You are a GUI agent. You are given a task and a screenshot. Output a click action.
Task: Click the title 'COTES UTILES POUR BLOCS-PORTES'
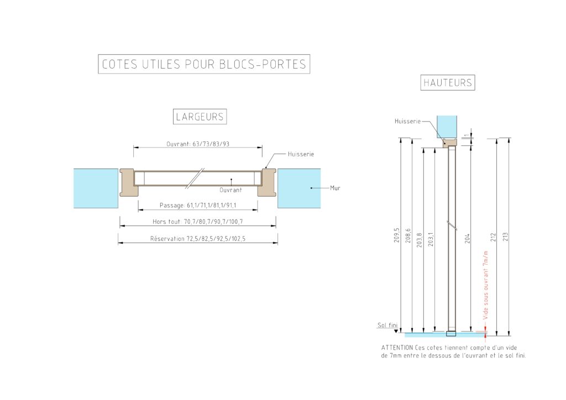pyautogui.click(x=204, y=64)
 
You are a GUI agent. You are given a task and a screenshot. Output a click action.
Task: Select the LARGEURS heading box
pyautogui.click(x=200, y=117)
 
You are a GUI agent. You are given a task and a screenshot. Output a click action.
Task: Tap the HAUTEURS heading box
pyautogui.click(x=448, y=83)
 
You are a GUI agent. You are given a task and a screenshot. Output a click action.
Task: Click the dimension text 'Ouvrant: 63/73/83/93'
pyautogui.click(x=198, y=144)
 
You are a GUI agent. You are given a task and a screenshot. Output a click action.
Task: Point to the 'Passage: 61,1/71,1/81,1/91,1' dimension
pyautogui.click(x=198, y=206)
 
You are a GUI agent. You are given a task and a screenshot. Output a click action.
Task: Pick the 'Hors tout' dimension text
pyautogui.click(x=198, y=222)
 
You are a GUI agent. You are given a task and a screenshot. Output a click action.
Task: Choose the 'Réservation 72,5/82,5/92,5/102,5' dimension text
pyautogui.click(x=198, y=239)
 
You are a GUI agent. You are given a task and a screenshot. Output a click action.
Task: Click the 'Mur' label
pyautogui.click(x=335, y=188)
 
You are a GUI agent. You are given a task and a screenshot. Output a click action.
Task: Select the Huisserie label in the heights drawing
pyautogui.click(x=408, y=121)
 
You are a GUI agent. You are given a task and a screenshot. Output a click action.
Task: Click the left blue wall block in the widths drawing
pyautogui.click(x=96, y=188)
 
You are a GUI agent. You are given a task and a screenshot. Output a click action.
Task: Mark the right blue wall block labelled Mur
pyautogui.click(x=298, y=188)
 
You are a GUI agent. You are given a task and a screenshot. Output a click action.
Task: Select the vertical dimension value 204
pyautogui.click(x=467, y=239)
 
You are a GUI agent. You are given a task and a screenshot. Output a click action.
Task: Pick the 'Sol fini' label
pyautogui.click(x=387, y=326)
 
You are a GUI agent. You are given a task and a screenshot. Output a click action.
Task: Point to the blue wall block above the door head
pyautogui.click(x=447, y=126)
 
